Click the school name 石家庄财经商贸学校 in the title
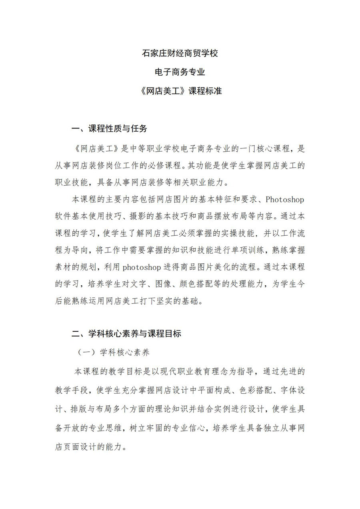point(180,53)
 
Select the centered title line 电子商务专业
point(180,72)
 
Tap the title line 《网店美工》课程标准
point(180,91)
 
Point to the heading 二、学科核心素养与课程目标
point(126,334)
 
